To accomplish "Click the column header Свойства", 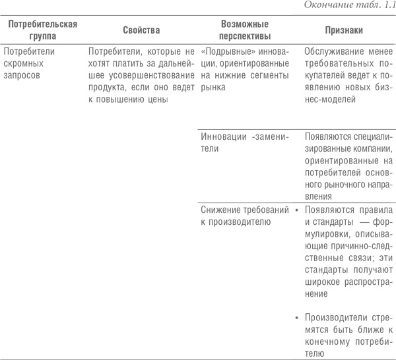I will coord(141,30).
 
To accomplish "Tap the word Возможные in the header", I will coord(245,24).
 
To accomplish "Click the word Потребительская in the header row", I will coord(43,24).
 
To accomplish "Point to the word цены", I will coord(158,100).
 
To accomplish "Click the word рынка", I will coord(213,88).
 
